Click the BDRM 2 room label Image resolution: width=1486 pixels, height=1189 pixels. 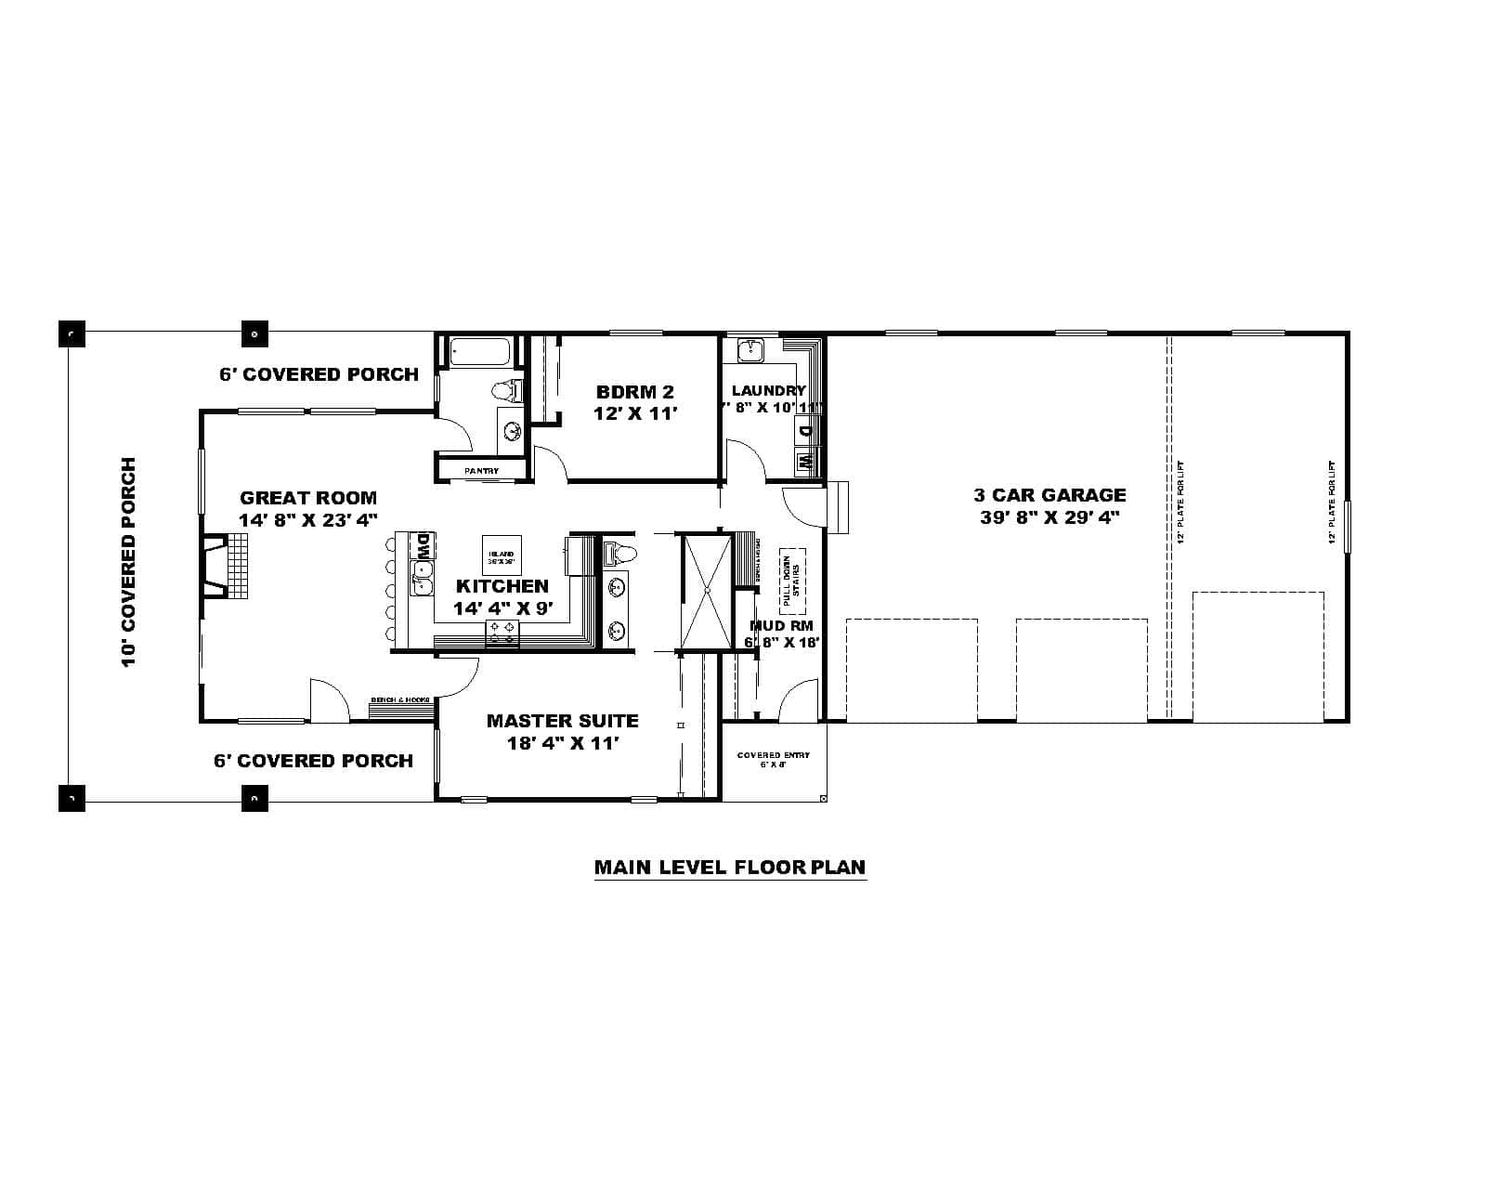635,392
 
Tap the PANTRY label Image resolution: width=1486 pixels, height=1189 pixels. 481,472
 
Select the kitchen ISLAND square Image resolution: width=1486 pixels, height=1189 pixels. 501,555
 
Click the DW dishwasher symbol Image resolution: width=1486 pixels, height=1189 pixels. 423,545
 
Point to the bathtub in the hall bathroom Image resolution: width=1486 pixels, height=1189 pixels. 479,353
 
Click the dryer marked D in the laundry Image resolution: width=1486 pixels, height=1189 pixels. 805,430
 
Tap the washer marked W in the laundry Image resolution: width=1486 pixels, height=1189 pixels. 805,460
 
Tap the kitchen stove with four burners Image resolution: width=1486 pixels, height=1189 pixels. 502,634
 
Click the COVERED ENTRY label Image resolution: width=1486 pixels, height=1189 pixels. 773,755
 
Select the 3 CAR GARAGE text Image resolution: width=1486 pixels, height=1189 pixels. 1049,495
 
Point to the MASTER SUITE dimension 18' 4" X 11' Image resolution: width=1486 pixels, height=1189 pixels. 562,743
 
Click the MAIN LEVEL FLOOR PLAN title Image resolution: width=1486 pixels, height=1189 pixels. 730,868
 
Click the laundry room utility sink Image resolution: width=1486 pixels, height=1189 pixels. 750,351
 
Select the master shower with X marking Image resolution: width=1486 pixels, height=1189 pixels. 706,590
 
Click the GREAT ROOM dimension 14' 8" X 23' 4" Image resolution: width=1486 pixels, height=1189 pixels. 308,520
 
